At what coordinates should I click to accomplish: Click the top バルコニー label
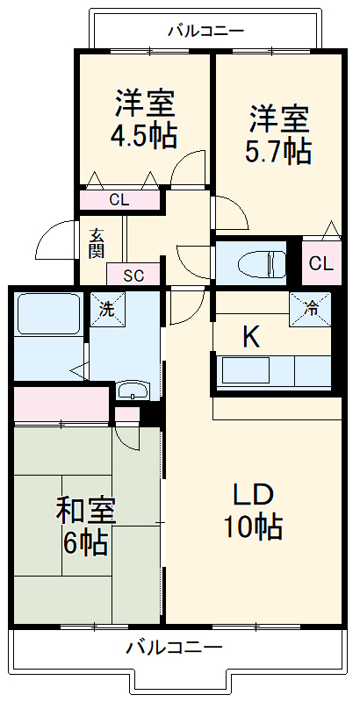point(205,32)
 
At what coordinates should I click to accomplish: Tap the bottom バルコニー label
point(173,648)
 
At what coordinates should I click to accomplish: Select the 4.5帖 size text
point(144,137)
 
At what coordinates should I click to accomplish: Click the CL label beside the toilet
point(320,263)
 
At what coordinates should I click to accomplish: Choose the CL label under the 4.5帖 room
point(119,200)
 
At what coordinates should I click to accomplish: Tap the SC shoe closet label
point(133,275)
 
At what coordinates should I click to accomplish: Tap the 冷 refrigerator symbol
point(311,308)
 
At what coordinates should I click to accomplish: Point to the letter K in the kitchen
point(251,337)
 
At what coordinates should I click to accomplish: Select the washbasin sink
point(133,390)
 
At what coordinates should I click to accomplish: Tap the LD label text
point(254,495)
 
